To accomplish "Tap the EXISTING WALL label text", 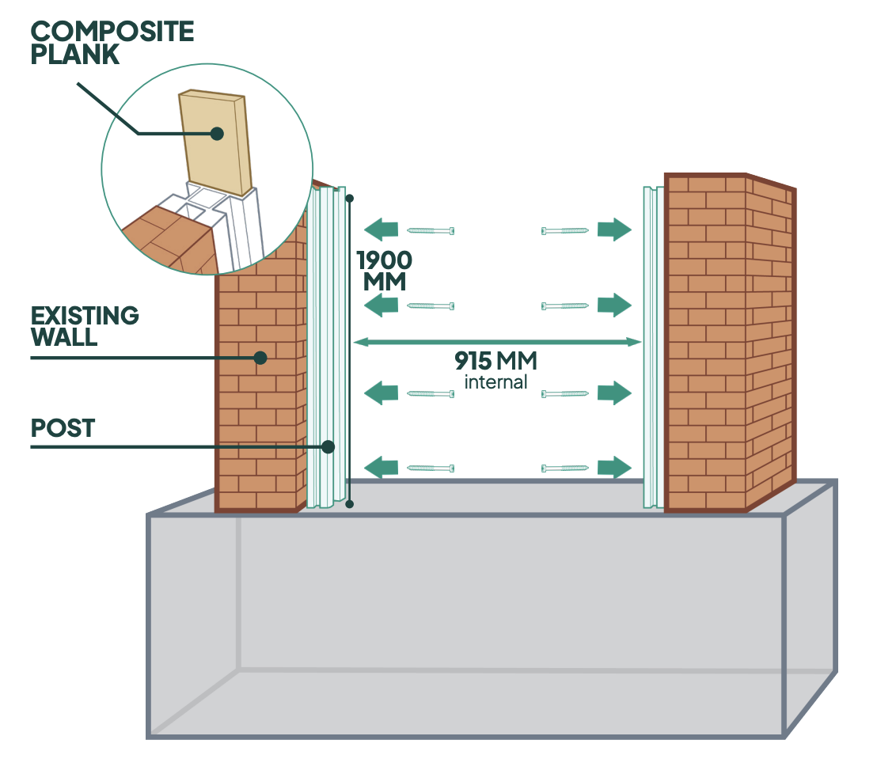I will tap(85, 326).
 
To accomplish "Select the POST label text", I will tap(63, 428).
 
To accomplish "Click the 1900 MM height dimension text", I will tap(385, 270).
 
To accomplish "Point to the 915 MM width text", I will tap(495, 362).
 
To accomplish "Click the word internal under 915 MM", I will tap(495, 382).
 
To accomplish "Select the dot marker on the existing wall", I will tap(260, 359).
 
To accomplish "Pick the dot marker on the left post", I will tap(328, 447).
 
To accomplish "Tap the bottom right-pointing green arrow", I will tap(614, 468).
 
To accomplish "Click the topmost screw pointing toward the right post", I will tap(564, 230).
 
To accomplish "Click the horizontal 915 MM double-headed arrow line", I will tap(497, 342).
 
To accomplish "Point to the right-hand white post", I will tap(653, 348).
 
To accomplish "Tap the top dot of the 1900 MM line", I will tap(349, 198).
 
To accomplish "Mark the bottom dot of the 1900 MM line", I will tap(349, 503).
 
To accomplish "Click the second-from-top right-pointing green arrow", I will tap(614, 305).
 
